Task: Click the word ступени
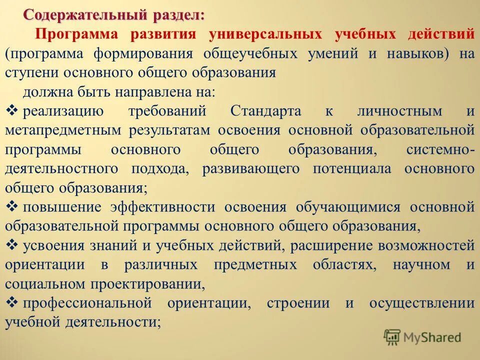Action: click(32, 72)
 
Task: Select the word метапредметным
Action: click(63, 130)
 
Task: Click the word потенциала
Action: click(352, 168)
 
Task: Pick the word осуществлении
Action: click(421, 303)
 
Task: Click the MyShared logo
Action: click(422, 337)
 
